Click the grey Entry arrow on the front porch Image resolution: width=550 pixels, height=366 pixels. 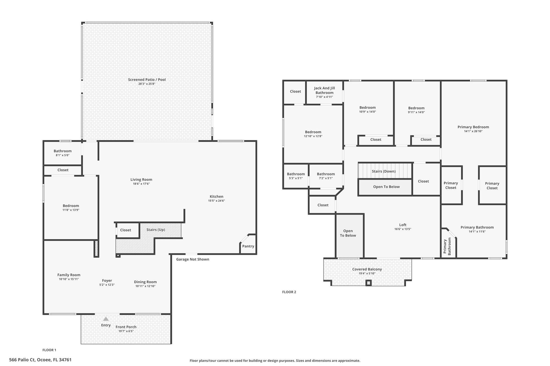106,319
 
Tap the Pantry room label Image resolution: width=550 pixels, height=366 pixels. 248,246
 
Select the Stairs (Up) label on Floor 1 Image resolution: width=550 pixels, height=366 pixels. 156,230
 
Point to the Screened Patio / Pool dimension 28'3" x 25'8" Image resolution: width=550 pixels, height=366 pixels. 147,84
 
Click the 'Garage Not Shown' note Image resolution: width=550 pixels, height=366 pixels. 193,259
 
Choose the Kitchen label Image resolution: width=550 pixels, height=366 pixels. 216,197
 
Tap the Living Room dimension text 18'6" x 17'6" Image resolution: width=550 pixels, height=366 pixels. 141,184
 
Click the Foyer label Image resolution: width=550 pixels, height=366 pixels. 107,281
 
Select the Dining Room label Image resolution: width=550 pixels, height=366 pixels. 145,282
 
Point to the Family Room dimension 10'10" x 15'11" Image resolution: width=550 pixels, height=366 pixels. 69,279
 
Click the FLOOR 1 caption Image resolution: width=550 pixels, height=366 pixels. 49,350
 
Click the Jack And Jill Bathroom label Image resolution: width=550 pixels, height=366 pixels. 324,90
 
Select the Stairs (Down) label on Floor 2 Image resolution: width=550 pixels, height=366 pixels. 384,171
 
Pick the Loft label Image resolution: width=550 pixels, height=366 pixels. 403,225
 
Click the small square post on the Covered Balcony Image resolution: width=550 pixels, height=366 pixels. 368,283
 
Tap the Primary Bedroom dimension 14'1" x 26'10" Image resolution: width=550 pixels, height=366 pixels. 473,131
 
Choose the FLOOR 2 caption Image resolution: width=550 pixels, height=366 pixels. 289,292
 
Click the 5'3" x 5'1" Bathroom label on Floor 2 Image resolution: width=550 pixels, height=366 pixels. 296,176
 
